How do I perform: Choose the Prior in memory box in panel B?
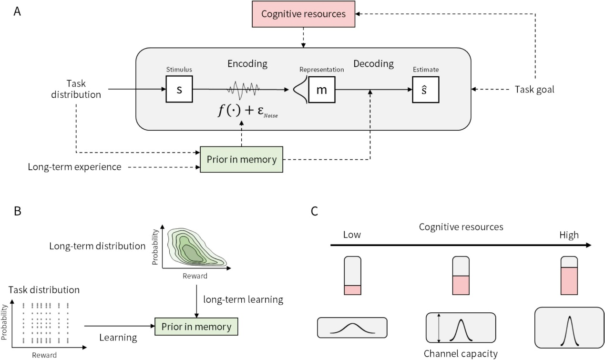pyautogui.click(x=196, y=327)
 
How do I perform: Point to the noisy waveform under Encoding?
pyautogui.click(x=243, y=89)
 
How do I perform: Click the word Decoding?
pyautogui.click(x=373, y=63)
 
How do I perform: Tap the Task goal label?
pyautogui.click(x=535, y=89)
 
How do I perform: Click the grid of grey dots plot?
pyautogui.click(x=41, y=322)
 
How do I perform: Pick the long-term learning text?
pyautogui.click(x=243, y=300)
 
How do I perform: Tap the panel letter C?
pyautogui.click(x=315, y=211)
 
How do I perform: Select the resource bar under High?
pyautogui.click(x=569, y=276)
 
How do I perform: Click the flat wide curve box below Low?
pyautogui.click(x=352, y=328)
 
